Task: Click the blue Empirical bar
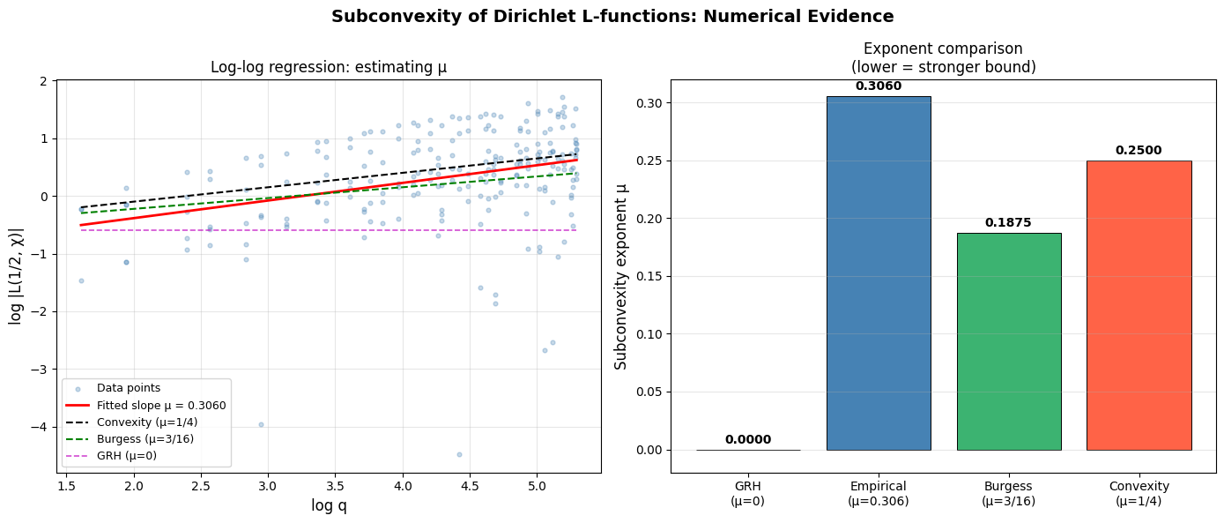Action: click(x=878, y=273)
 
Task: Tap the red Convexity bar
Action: click(x=1139, y=305)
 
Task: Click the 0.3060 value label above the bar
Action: click(x=878, y=86)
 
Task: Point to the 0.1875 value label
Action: click(x=1008, y=223)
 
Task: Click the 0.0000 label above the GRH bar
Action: click(x=748, y=440)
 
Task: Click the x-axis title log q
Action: click(x=329, y=505)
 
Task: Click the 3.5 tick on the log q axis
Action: click(x=335, y=484)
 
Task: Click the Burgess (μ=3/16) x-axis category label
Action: click(x=1008, y=493)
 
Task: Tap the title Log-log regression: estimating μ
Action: click(x=329, y=67)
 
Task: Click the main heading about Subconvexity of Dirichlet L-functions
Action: click(x=612, y=17)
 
